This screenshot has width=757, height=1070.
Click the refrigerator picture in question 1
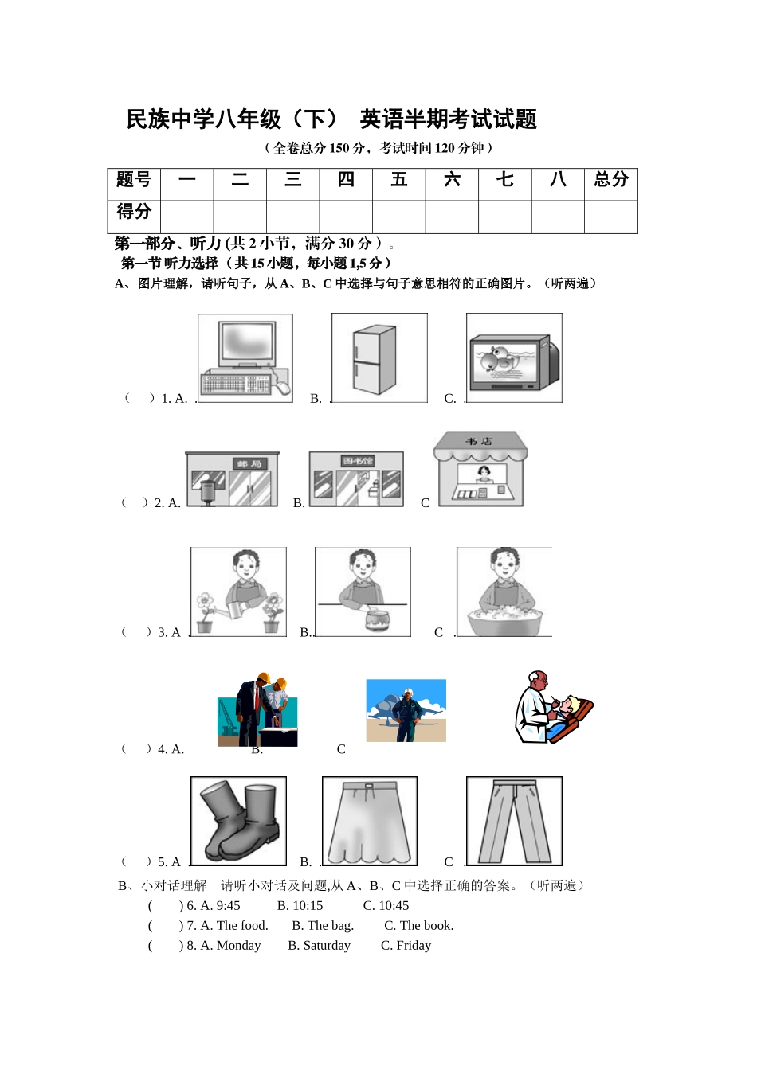375,360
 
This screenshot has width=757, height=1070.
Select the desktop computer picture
245,358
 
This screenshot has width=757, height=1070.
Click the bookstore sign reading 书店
480,441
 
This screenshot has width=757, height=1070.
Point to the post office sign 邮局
249,463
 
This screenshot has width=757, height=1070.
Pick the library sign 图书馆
358,461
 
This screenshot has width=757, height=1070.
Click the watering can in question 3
237,611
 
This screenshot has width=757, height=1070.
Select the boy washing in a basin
504,593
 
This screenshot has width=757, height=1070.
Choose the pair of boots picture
239,821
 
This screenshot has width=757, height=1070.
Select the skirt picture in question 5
369,822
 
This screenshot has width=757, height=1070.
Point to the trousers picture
514,822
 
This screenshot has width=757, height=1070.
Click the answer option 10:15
300,906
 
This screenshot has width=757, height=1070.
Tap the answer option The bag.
323,926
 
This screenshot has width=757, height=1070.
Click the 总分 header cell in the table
610,180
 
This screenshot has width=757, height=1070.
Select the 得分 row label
134,212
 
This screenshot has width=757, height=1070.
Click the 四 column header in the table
346,180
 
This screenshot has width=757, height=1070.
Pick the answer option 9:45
220,906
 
